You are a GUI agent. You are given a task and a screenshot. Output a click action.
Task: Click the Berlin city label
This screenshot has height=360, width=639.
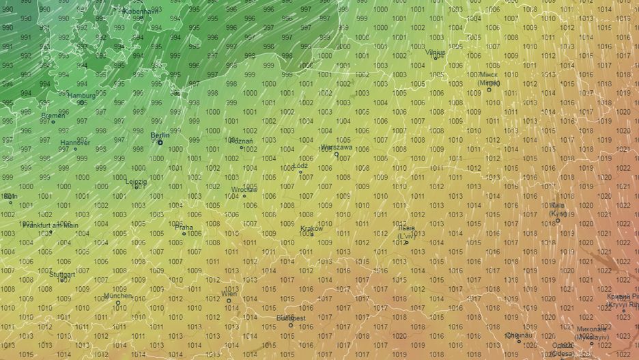point(159,135)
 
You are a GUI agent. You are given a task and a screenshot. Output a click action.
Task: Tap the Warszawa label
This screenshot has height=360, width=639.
point(337,147)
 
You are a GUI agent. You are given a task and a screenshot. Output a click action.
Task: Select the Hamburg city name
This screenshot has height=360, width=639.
point(82,96)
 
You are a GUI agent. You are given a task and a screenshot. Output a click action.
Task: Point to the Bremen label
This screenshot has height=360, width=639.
point(53,115)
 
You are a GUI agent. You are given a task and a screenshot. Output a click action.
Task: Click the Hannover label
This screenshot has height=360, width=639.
point(74,143)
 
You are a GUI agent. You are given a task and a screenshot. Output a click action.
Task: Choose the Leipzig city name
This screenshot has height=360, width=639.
point(136,181)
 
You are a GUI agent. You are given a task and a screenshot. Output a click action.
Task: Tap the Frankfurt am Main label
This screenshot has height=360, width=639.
point(51,225)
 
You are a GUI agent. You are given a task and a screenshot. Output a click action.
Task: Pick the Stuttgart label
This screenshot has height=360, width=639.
point(62,274)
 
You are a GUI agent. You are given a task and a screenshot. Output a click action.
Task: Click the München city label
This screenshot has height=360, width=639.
point(117,296)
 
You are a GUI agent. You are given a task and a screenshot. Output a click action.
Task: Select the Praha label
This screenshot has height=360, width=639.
point(184,227)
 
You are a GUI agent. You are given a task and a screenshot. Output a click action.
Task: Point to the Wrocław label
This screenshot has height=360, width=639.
point(244,189)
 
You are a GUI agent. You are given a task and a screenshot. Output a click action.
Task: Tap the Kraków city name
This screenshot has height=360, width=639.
point(311,229)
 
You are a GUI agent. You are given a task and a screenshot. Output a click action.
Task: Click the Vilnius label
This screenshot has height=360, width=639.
point(435,52)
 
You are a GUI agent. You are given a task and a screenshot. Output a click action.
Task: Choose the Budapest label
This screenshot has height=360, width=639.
point(291,318)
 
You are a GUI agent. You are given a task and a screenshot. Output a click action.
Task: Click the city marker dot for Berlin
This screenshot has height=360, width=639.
point(160,142)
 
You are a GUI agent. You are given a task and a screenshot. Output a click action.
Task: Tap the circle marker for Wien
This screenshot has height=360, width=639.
point(229,301)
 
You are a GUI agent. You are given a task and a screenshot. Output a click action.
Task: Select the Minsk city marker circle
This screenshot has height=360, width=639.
point(489,89)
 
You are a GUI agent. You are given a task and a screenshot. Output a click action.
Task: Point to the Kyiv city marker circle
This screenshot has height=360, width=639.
point(558,220)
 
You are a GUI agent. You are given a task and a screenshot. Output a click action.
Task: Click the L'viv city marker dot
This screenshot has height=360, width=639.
point(406,243)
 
